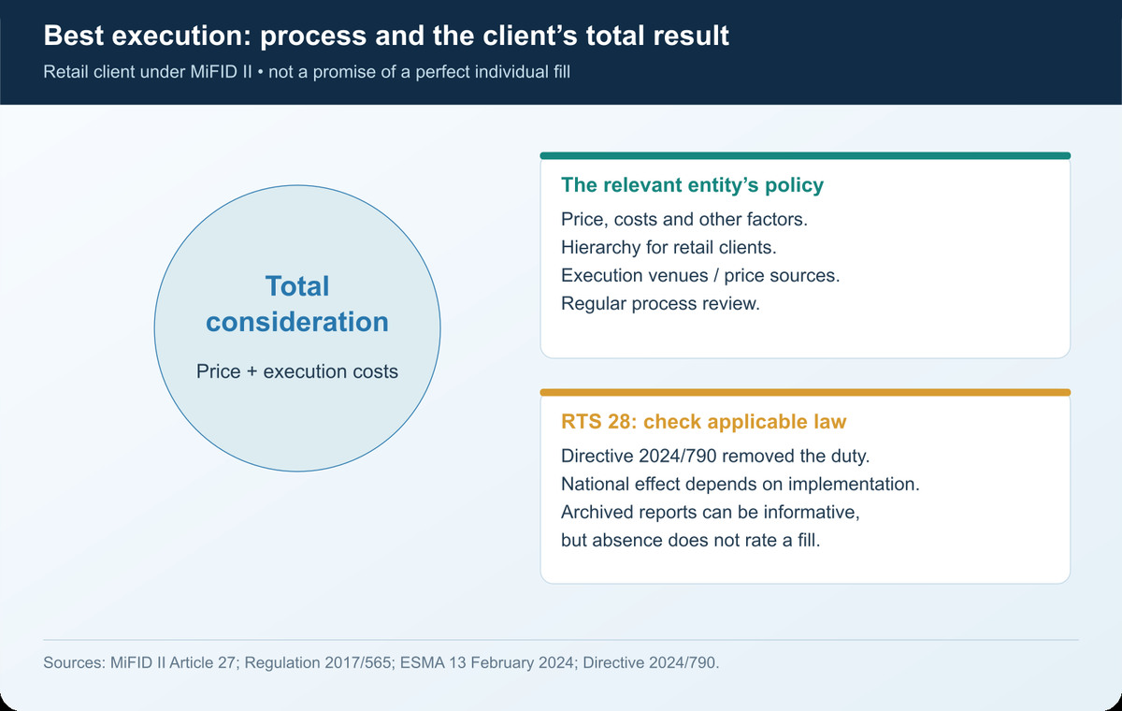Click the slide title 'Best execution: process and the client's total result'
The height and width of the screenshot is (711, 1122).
click(x=386, y=36)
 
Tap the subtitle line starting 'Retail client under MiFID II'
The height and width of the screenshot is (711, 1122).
click(x=307, y=72)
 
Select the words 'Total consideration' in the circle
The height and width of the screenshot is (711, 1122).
click(x=297, y=304)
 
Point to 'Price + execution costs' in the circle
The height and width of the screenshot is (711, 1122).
click(x=297, y=371)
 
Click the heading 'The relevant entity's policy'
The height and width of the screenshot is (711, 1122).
click(x=692, y=185)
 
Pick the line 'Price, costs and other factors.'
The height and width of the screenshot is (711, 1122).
click(x=684, y=220)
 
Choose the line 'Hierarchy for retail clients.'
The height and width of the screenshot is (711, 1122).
click(x=669, y=248)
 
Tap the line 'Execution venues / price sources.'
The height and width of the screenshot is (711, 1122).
click(x=700, y=276)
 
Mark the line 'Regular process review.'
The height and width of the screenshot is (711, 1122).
click(x=660, y=304)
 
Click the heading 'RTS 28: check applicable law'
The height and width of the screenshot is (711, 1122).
click(x=704, y=421)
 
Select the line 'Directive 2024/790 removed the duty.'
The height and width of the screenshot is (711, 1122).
click(x=715, y=456)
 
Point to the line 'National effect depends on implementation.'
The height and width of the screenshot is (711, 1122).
click(x=741, y=484)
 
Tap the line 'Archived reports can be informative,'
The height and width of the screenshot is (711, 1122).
click(x=711, y=512)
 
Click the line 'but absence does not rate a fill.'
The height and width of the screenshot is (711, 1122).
click(x=691, y=540)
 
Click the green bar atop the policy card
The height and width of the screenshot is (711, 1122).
click(x=805, y=156)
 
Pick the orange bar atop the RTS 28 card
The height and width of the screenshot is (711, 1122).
click(x=805, y=392)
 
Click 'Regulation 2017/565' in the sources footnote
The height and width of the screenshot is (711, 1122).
click(x=318, y=662)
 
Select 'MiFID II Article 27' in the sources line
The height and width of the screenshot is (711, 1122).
click(x=173, y=662)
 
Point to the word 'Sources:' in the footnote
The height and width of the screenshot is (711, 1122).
click(x=74, y=662)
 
